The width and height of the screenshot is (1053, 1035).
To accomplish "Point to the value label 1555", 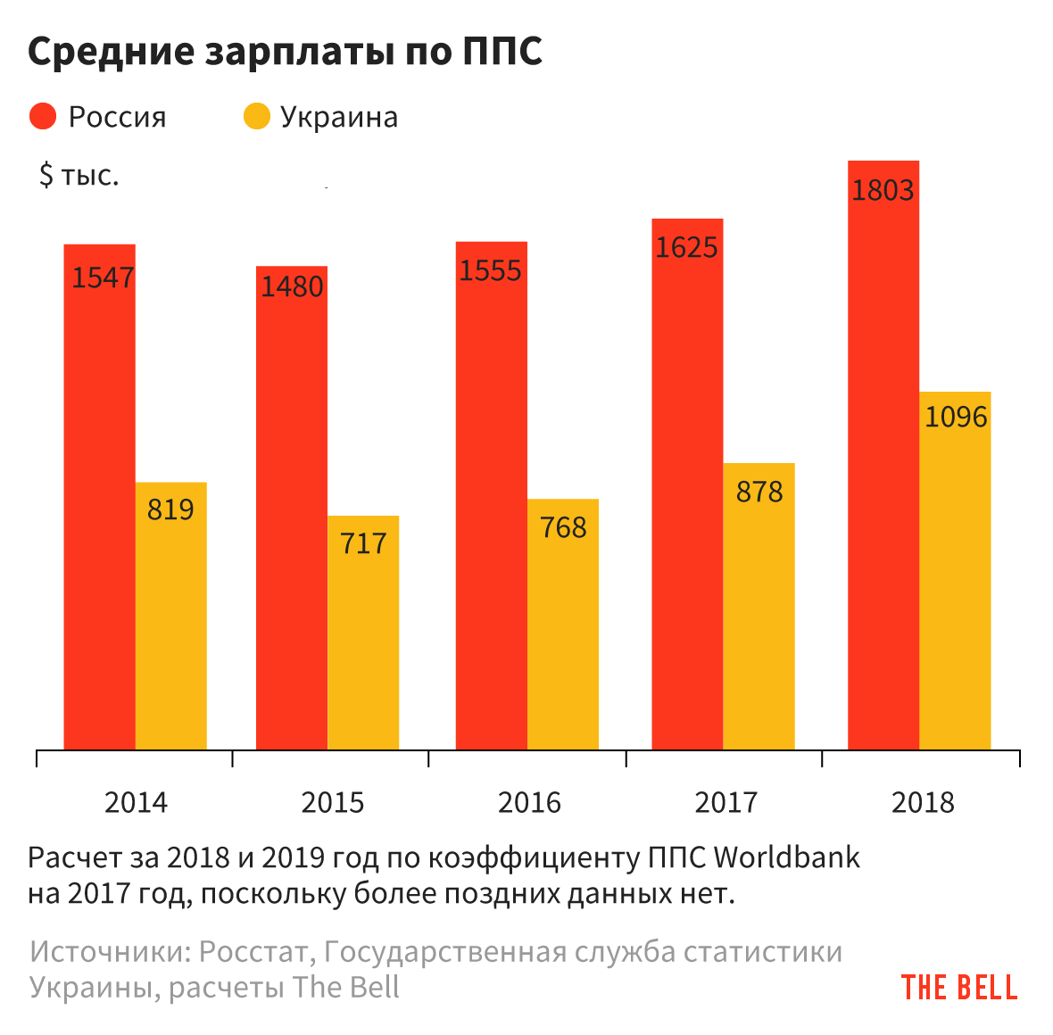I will [x=490, y=270].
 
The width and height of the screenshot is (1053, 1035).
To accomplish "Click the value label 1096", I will [x=956, y=417].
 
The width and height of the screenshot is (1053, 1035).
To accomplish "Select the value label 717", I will [x=363, y=542].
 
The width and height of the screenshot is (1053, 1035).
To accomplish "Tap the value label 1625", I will [x=686, y=247].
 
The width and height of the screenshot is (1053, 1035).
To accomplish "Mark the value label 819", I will [x=170, y=509].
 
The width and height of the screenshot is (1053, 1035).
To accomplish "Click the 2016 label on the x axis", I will [x=529, y=803].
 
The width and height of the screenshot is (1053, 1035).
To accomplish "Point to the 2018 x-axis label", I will [x=923, y=803].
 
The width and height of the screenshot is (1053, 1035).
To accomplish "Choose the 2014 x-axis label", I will [x=136, y=803].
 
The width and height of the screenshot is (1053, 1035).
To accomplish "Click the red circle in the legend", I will [x=43, y=117].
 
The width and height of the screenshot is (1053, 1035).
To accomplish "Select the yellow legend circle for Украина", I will [x=257, y=117].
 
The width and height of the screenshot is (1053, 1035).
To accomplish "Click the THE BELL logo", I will [x=959, y=988].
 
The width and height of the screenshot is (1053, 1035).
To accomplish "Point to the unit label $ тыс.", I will [x=79, y=176].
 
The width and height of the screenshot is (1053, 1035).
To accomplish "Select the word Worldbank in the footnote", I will [x=787, y=857].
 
